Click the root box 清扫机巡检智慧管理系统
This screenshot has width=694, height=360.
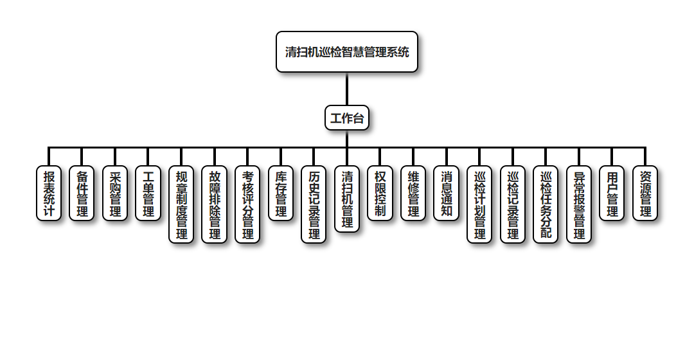pos(347,52)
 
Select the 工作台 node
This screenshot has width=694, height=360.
pos(347,118)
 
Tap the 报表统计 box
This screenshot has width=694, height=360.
pos(49,194)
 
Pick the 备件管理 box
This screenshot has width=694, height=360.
pos(82,194)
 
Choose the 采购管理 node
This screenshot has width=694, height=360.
pos(115,194)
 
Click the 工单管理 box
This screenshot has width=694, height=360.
pos(148,194)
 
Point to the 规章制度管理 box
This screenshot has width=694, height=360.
pos(181,204)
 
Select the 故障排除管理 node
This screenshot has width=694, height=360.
pos(215,204)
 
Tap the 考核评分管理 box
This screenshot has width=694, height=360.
pos(247,204)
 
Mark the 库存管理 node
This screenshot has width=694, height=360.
pos(281,194)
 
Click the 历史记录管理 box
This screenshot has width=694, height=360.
pos(314,204)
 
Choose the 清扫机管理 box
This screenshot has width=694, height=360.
pos(347,199)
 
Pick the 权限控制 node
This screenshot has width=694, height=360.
pos(380,194)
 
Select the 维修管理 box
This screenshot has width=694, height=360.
pos(413,194)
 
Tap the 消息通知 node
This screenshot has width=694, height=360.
pos(447,194)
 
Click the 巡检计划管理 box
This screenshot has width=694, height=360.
pos(479,204)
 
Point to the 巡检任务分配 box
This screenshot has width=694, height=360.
pos(546,204)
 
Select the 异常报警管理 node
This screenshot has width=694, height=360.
pos(579,204)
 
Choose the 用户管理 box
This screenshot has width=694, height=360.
pos(612,194)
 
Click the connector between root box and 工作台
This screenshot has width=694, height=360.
pos(347,89)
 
